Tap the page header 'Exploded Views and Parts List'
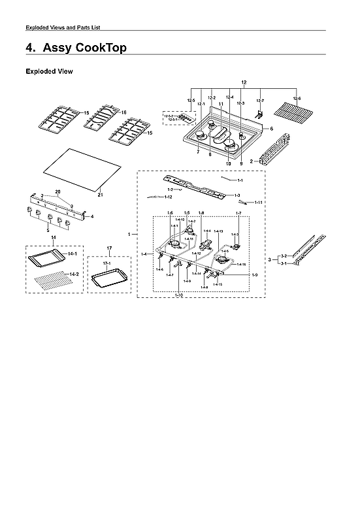pyautogui.click(x=63, y=27)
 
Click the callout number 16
pyautogui.click(x=123, y=112)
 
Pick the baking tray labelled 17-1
pyautogui.click(x=108, y=281)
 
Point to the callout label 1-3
pyautogui.click(x=237, y=195)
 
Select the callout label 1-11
pyautogui.click(x=258, y=203)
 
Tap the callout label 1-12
pyautogui.click(x=168, y=197)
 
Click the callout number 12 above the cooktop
pyautogui.click(x=244, y=83)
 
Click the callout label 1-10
pyautogui.click(x=179, y=295)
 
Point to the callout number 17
pyautogui.click(x=109, y=248)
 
